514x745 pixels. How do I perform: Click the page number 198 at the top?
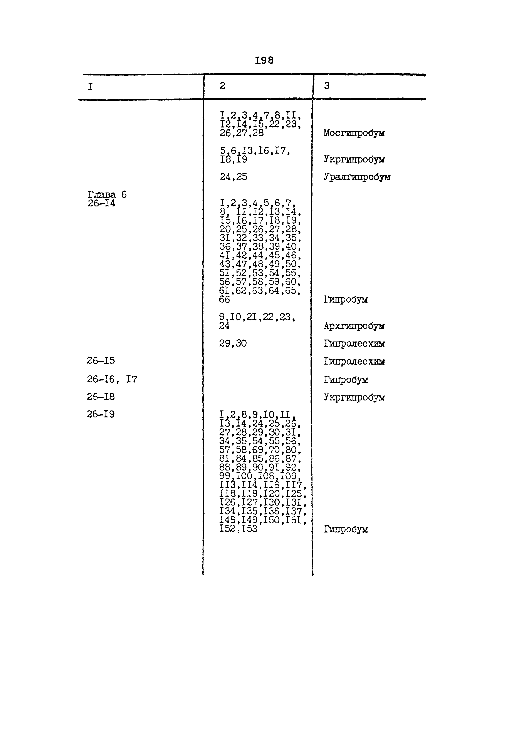[x=264, y=60]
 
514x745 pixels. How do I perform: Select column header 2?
[x=223, y=86]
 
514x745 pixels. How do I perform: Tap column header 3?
[x=327, y=86]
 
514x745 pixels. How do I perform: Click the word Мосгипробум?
[x=354, y=133]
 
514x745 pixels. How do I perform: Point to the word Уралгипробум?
[x=357, y=177]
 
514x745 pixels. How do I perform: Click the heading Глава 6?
[x=107, y=194]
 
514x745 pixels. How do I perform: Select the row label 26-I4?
[x=101, y=203]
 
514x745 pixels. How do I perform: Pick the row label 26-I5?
[x=101, y=361]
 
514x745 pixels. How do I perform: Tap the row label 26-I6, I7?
[x=112, y=380]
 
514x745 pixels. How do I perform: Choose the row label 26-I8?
[x=101, y=397]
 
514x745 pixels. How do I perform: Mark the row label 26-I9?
[x=101, y=414]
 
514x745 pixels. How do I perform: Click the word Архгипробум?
[x=354, y=326]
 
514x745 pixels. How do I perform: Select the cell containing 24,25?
[x=233, y=177]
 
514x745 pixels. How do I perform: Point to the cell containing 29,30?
[x=233, y=343]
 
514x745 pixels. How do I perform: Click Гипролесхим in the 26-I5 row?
[x=354, y=362]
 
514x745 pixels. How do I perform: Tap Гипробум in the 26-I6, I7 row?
[x=346, y=380]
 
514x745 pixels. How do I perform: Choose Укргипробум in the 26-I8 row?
[x=354, y=398]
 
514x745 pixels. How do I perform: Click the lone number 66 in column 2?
[x=225, y=300]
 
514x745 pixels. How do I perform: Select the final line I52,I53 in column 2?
[x=238, y=529]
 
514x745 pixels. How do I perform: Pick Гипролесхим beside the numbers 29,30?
[x=354, y=344]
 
